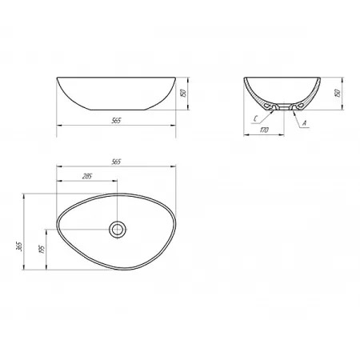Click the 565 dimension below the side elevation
pos(116,121)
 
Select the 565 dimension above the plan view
pos(116,162)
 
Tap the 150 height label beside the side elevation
pos(183,93)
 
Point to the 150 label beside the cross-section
pos(338,93)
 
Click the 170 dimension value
pos(264,130)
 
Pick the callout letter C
pos(256,119)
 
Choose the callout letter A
pos(304,123)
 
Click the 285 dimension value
pos(87,176)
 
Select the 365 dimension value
pos(19,246)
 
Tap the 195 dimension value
pos(42,249)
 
